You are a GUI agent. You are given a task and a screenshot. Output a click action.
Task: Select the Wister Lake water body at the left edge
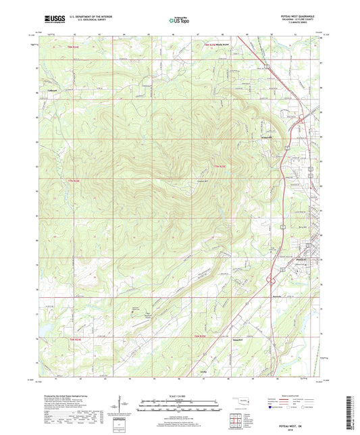[42, 326]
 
